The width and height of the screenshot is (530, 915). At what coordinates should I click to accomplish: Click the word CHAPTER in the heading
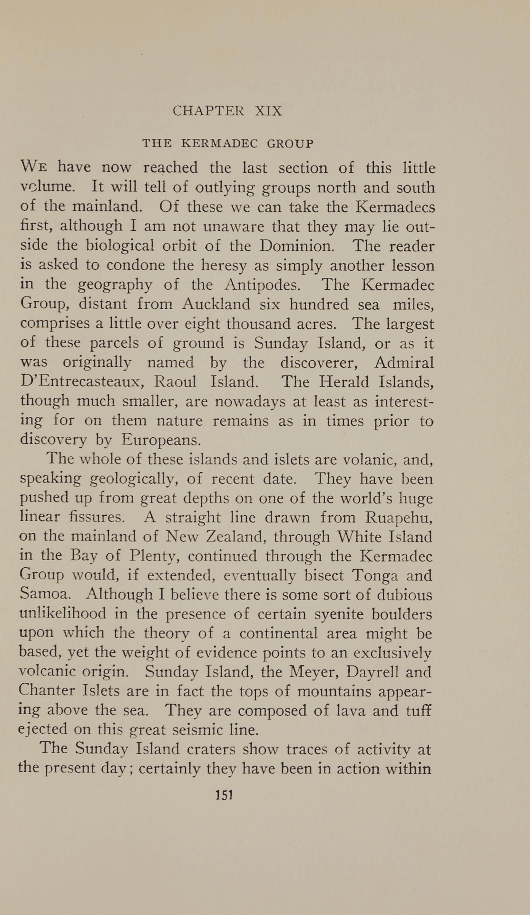pos(208,111)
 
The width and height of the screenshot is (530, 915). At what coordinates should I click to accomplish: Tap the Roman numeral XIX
pos(268,111)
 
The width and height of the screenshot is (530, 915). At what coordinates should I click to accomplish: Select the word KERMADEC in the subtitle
pos(220,143)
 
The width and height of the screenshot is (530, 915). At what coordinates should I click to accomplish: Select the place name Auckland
pos(216,304)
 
